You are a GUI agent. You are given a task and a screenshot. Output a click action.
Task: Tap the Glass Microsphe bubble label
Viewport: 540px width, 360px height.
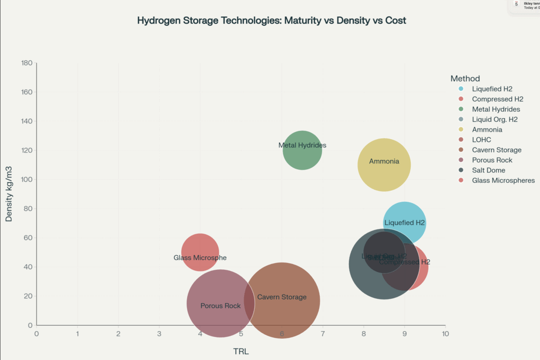[200, 258]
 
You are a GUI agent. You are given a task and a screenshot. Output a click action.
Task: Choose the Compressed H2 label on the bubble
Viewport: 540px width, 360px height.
[405, 262]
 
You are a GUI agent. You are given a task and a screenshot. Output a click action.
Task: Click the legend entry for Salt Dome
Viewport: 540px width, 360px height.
[488, 170]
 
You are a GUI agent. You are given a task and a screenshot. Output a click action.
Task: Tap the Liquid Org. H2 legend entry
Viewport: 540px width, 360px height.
[495, 119]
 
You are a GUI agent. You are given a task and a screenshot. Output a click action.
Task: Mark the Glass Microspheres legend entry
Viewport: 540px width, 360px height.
[503, 180]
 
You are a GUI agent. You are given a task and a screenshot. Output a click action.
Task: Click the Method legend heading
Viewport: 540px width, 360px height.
[465, 79]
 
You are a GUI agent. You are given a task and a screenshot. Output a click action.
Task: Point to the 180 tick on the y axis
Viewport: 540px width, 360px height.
[26, 63]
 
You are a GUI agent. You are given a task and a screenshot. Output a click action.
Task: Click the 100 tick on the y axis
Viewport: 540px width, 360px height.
[26, 180]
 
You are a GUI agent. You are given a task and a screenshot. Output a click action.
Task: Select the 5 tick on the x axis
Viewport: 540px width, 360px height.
[241, 334]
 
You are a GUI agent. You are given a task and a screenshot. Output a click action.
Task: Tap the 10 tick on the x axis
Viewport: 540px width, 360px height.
[446, 334]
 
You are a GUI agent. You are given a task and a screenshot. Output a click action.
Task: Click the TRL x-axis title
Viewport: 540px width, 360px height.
[241, 351]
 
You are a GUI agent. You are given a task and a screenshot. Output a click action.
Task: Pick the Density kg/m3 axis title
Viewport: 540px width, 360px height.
[9, 194]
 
